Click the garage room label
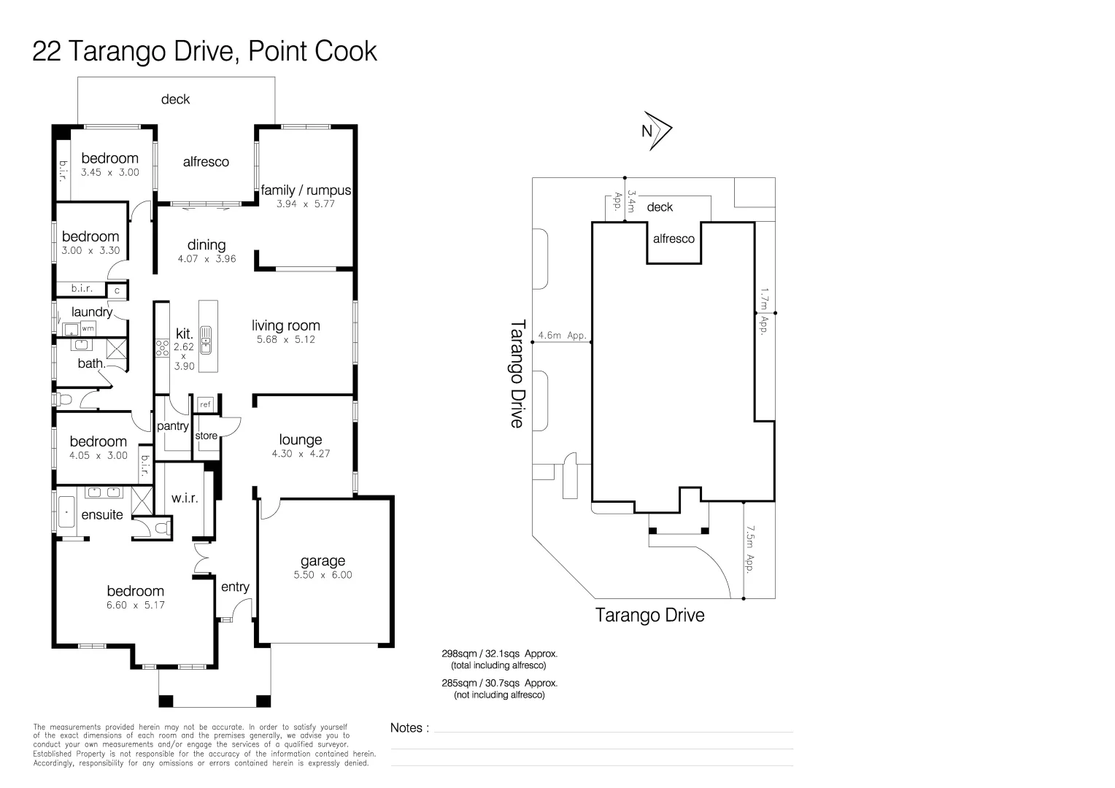323,560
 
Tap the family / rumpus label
306,190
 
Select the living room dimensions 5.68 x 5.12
285,339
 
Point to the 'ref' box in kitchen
205,404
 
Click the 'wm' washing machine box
88,328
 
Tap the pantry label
173,426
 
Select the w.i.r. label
185,498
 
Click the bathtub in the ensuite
66,513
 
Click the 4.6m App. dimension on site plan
562,336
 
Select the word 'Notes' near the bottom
406,727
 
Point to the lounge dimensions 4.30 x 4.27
300,453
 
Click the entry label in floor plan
235,587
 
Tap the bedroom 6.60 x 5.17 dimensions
135,604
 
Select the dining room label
207,244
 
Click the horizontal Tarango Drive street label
649,615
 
